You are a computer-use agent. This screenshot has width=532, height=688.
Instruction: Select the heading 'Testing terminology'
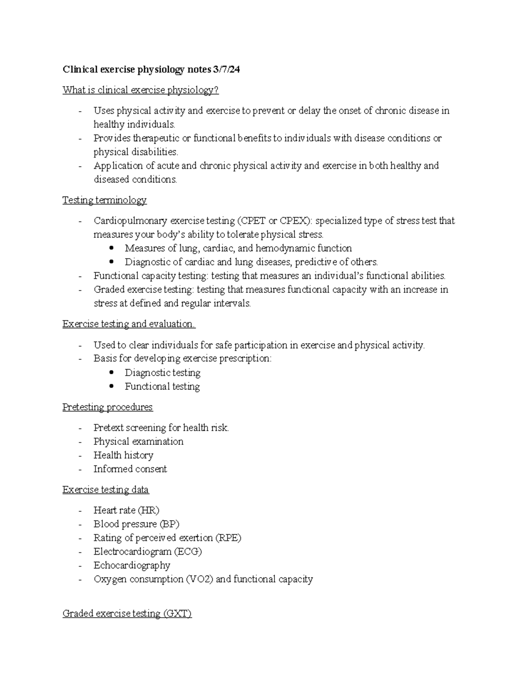104,200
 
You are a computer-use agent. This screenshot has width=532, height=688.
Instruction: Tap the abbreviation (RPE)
228,538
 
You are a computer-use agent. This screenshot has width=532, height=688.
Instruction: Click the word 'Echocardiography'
132,565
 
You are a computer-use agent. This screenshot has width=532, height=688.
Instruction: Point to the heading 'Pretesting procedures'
107,407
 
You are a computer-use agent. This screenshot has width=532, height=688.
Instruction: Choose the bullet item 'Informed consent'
130,469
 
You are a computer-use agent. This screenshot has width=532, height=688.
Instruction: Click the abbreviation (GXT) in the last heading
177,614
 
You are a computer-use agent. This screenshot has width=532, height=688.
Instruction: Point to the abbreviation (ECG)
188,552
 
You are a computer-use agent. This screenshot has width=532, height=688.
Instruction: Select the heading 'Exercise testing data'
106,490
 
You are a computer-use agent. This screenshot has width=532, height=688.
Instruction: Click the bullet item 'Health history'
123,455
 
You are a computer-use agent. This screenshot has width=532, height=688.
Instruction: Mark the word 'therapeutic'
156,138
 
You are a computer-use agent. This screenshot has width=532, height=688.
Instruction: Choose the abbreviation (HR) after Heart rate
149,510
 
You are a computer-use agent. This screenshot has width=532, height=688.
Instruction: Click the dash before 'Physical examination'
80,442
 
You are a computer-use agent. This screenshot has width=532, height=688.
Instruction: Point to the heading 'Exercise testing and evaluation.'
129,324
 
